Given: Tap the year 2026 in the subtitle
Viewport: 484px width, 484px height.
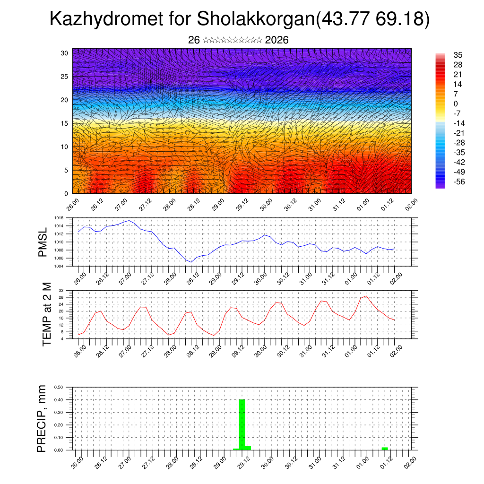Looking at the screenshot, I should pos(277,40).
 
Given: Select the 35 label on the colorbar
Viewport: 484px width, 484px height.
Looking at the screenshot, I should pos(458,55).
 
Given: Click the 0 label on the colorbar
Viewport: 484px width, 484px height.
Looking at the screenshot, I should pos(456,104).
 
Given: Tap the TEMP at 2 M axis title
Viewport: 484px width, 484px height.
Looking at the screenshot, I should pos(46,314).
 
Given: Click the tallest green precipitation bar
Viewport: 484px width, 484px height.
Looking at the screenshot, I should pos(242,424).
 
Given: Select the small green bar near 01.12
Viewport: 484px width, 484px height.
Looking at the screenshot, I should pos(385,448).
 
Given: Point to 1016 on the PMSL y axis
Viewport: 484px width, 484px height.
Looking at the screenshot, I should pos(59,218).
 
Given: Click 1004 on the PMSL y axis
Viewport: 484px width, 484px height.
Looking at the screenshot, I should pos(59,266).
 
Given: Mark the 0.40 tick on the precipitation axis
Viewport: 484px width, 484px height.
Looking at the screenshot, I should pos(59,400).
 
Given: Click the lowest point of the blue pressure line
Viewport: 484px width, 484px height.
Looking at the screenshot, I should pos(191,262).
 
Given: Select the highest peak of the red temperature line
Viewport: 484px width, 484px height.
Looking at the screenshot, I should pos(366,296).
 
